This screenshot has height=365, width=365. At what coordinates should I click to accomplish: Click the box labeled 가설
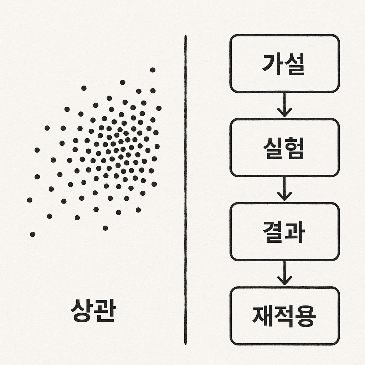(284, 63)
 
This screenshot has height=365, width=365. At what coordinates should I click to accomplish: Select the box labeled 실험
(284, 148)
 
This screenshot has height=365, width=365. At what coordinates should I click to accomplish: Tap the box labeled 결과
(284, 232)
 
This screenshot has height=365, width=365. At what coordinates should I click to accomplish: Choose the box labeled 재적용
(284, 316)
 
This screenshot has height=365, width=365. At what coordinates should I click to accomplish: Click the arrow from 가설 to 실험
(284, 105)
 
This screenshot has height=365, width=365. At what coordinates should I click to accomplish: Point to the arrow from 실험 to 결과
(284, 189)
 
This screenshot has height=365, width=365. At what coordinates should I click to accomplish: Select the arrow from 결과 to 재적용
(284, 273)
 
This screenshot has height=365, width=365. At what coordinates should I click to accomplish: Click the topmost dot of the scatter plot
(153, 70)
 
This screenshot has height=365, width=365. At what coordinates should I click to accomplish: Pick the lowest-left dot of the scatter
(32, 234)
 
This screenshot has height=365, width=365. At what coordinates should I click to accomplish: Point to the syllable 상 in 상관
(82, 310)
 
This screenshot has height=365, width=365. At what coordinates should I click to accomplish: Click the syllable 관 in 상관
(104, 310)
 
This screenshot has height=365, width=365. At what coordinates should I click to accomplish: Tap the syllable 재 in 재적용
(263, 316)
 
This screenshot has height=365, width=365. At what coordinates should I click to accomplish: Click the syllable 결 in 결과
(273, 232)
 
